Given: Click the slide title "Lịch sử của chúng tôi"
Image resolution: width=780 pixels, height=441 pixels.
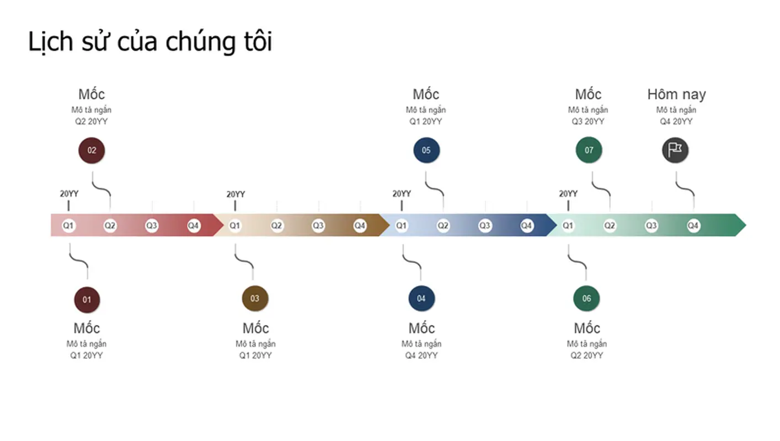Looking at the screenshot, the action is (149, 42).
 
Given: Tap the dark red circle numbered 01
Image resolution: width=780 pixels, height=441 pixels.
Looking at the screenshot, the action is (87, 300).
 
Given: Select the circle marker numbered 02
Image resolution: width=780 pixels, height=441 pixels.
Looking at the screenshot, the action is (92, 150).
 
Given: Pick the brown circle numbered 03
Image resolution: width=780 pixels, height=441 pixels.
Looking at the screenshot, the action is (255, 299).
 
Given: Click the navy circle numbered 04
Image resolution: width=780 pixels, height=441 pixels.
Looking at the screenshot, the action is (421, 299).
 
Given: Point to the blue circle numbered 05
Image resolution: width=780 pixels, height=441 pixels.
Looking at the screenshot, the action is (426, 150).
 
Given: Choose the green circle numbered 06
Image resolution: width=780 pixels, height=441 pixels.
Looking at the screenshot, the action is (586, 299).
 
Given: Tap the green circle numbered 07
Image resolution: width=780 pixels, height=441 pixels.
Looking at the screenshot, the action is (589, 150).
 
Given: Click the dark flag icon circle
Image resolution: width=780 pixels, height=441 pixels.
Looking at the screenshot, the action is (675, 150).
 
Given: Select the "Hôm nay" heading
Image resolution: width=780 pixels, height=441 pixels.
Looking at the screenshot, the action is (677, 94).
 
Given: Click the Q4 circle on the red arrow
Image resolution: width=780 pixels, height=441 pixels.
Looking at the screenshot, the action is (193, 225).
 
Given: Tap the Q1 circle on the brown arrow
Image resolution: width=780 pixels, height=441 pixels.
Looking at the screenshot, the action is (234, 225).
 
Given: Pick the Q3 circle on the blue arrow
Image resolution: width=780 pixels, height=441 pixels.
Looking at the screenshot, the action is (485, 225).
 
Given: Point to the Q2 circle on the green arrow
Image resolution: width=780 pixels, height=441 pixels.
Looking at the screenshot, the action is (610, 225).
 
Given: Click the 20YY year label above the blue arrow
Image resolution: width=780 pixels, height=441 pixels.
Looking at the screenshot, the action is (402, 194).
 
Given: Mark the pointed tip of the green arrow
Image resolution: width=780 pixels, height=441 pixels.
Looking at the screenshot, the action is (746, 225).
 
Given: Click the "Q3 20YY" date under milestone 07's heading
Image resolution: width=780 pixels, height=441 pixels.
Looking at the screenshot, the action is (588, 121).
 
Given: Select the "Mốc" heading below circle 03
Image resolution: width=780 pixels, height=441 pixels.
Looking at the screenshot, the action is (255, 328).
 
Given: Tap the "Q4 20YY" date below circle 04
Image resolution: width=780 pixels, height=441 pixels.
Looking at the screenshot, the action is (421, 356).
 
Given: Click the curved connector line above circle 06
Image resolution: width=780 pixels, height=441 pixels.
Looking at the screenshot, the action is (577, 261).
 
